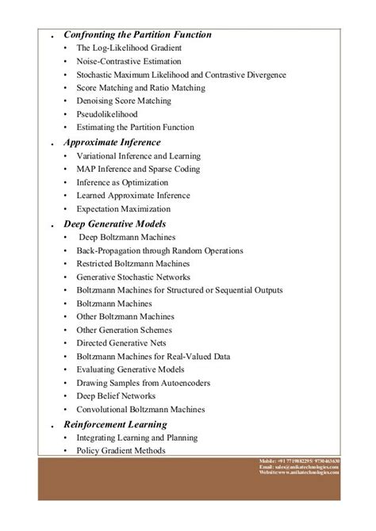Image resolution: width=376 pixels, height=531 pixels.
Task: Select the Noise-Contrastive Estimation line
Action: [x=124, y=61]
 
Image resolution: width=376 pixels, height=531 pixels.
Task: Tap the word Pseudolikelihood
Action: [x=109, y=114]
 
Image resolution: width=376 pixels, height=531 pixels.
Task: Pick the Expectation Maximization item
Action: [x=124, y=208]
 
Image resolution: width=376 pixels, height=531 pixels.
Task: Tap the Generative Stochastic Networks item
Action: [x=134, y=277]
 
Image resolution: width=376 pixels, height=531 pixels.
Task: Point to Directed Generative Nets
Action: [x=123, y=343]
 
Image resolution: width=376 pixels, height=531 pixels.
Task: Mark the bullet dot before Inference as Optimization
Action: [x=67, y=182]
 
